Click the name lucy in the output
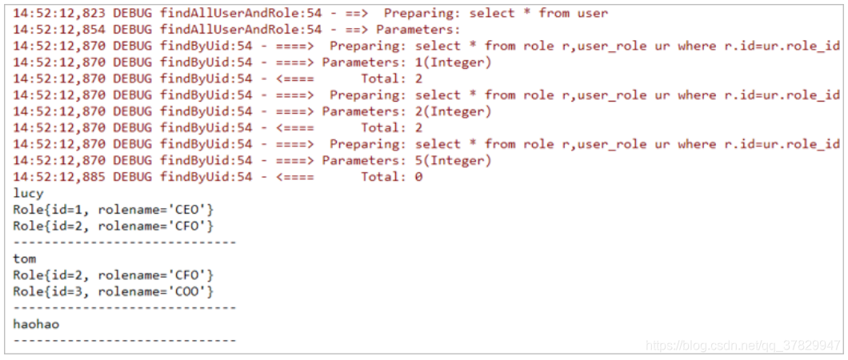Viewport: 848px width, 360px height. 29,194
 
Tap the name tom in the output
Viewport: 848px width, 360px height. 25,258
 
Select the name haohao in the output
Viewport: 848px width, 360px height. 36,324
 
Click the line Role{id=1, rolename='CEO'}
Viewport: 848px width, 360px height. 114,210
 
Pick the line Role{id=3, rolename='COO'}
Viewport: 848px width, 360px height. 114,291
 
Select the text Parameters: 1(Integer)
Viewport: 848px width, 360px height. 406,62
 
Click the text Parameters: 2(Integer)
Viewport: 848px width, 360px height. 406,111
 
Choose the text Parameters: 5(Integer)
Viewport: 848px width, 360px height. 406,161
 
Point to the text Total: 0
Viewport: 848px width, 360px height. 391,177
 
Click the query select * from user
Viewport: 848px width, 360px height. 538,13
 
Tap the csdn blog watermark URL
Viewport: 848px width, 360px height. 742,346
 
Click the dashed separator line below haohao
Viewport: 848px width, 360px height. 125,340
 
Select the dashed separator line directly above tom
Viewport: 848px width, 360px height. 125,242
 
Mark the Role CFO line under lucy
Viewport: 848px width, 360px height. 114,226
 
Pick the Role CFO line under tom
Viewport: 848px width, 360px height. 114,275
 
